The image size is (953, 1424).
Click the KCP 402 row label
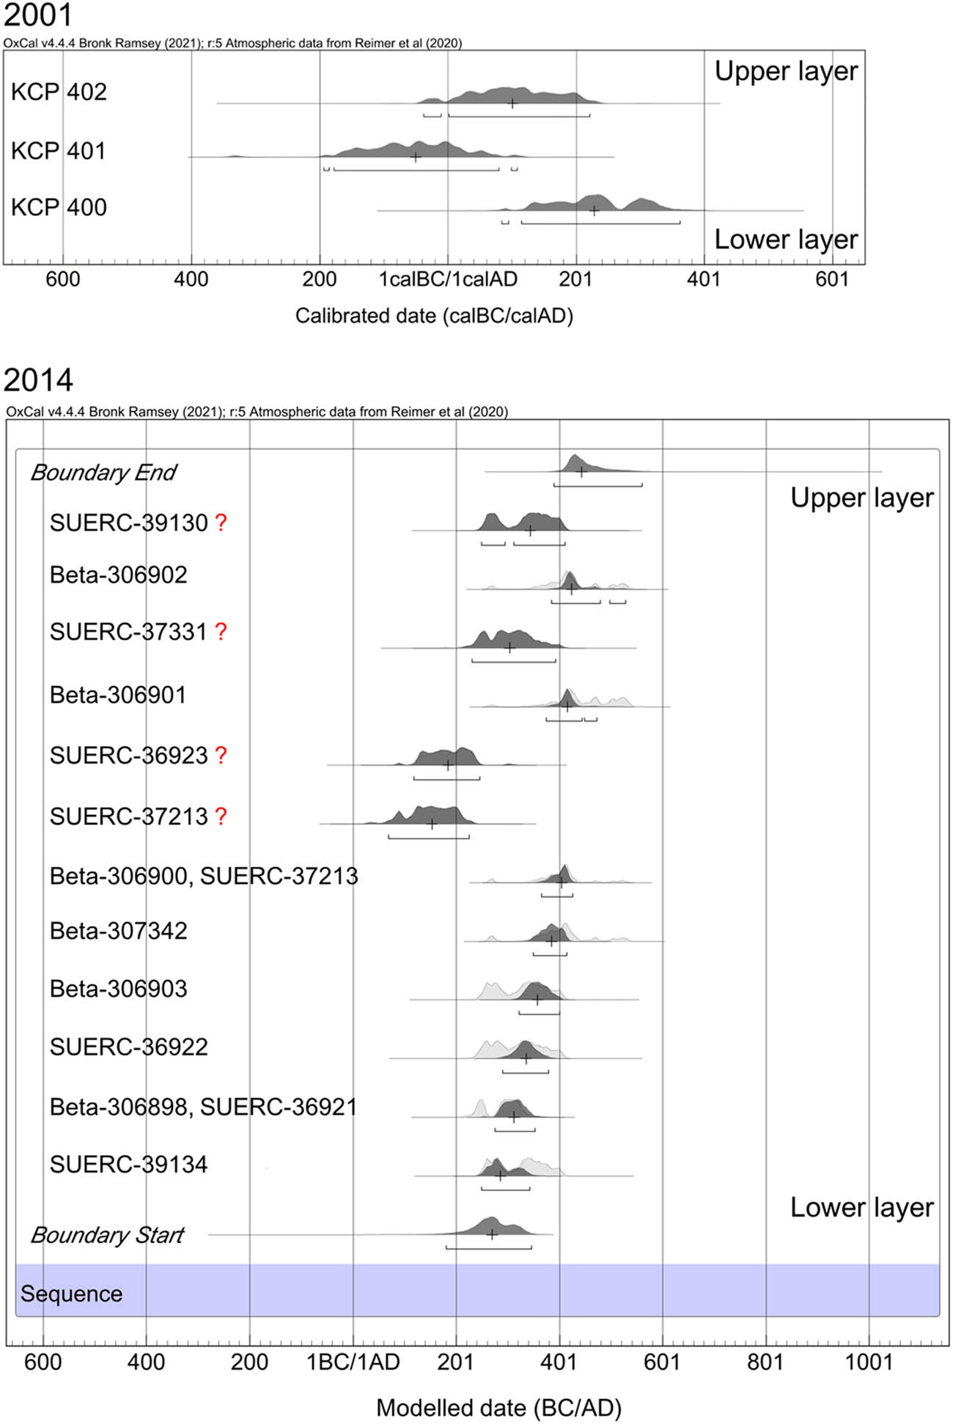59,92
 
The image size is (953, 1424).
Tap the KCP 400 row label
59,207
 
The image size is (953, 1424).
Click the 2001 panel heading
37,15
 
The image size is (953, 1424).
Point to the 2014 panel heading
38,380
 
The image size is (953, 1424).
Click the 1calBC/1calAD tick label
448,279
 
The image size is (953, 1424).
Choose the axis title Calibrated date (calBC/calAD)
434,316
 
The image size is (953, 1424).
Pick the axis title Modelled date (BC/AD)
498,1407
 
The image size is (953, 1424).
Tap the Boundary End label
103,473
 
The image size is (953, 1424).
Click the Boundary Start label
107,1235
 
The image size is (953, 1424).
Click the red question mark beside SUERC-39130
221,523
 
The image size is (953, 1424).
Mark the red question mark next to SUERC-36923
221,756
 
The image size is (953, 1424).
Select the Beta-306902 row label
118,575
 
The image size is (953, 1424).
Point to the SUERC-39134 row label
128,1164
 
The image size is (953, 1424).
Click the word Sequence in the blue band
71,1294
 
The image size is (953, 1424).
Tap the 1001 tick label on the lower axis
869,1362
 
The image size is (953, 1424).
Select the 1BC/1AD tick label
353,1362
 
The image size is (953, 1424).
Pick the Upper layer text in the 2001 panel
786,71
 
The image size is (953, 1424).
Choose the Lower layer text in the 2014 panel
861,1207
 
